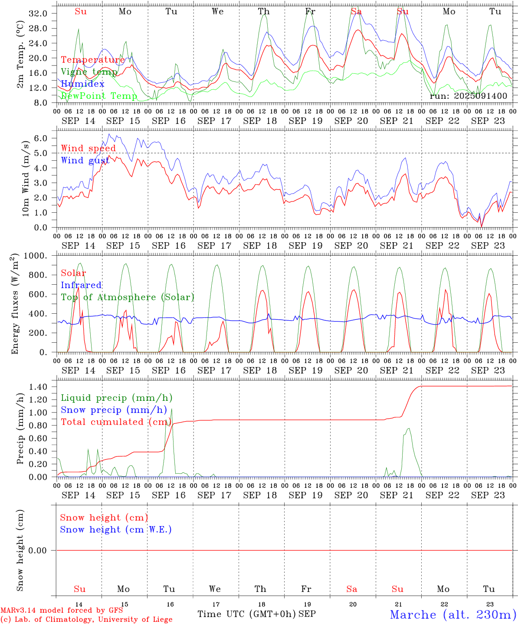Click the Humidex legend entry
pyautogui.click(x=82, y=84)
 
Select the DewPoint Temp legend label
pyautogui.click(x=99, y=96)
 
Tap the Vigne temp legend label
pyautogui.click(x=89, y=72)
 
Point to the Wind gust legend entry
pyautogui.click(x=85, y=160)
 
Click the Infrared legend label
pyautogui.click(x=81, y=285)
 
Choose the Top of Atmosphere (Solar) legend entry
pyautogui.click(x=128, y=297)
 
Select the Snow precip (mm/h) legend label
pyautogui.click(x=114, y=410)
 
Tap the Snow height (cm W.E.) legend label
pyautogui.click(x=116, y=530)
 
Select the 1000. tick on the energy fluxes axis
pyautogui.click(x=35, y=256)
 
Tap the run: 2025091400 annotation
pyautogui.click(x=468, y=96)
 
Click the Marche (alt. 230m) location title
pyautogui.click(x=453, y=614)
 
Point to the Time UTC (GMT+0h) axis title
pyautogui.click(x=247, y=614)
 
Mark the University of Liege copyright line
pyautogui.click(x=86, y=619)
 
